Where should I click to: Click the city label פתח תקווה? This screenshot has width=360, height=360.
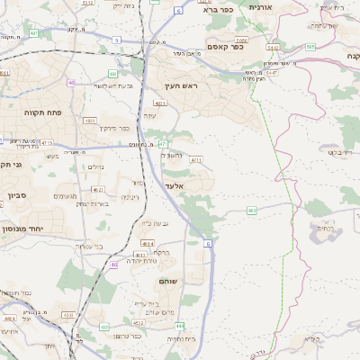coord(43,114)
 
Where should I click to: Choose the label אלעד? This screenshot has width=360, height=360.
coord(174,185)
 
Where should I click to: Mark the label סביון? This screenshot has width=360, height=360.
coord(19,196)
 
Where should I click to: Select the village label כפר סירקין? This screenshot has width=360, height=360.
coord(117,128)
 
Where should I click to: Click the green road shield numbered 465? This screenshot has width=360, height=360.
coord(251,210)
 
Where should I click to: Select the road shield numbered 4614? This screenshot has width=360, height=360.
coord(147,243)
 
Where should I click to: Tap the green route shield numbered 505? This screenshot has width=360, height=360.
coord(310,46)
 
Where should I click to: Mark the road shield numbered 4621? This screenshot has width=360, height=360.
coord(98,189)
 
